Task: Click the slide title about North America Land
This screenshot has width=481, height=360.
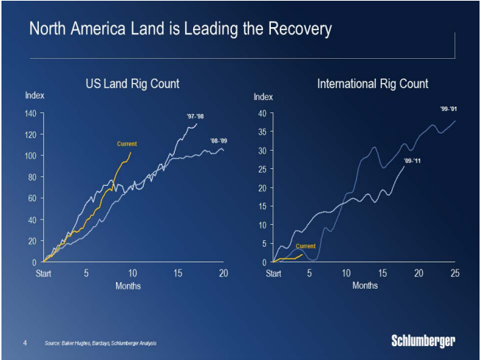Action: click(180, 29)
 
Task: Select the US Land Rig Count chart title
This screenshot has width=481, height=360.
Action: click(133, 84)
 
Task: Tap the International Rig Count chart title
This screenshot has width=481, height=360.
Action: click(372, 84)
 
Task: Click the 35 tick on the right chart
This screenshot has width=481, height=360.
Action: click(261, 132)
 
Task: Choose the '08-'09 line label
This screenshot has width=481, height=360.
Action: click(218, 140)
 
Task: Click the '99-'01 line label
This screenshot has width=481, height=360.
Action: click(449, 109)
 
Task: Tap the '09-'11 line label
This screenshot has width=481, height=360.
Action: click(413, 159)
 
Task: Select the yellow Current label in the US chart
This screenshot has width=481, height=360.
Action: click(127, 144)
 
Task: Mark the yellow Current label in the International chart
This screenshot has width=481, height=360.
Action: click(305, 246)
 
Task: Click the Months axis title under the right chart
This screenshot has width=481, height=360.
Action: click(365, 285)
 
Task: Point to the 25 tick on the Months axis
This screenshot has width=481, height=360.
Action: click(455, 273)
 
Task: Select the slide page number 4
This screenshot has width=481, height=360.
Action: click(25, 342)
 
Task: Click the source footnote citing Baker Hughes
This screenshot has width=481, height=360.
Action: click(100, 343)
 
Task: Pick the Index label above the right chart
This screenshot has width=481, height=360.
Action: click(263, 97)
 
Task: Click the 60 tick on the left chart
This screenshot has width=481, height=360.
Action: click(32, 198)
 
